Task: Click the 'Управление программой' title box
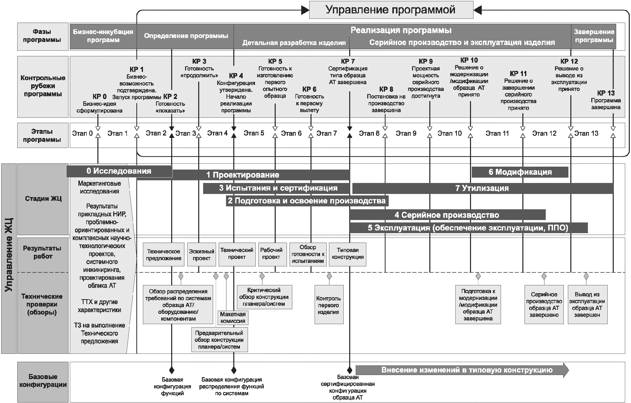click(391, 10)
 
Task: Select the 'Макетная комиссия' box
click(233, 317)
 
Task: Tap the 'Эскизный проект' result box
click(201, 255)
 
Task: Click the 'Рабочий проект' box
click(271, 254)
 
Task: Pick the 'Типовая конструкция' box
click(348, 254)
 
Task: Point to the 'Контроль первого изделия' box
click(329, 305)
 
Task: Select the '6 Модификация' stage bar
click(520, 172)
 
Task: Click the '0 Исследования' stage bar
click(119, 171)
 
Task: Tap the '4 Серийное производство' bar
click(447, 215)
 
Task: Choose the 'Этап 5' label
click(254, 133)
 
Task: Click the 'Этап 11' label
click(497, 134)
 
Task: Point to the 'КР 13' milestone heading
click(606, 93)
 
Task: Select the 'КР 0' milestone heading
click(99, 96)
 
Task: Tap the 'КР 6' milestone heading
click(309, 89)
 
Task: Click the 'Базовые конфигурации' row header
click(43, 381)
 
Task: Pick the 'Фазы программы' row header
click(42, 36)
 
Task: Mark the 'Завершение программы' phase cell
click(594, 36)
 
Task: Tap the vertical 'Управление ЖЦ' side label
click(9, 254)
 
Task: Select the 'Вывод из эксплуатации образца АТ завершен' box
click(587, 305)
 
